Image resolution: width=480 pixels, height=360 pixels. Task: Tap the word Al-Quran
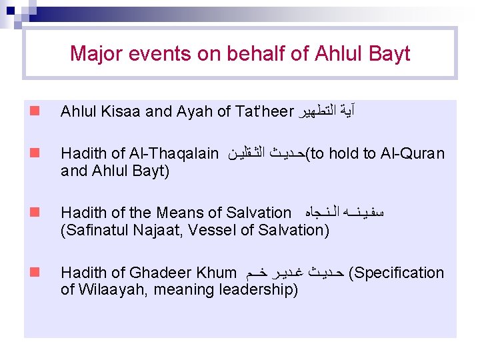point(411,154)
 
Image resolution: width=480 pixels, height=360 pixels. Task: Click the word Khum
point(217,273)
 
